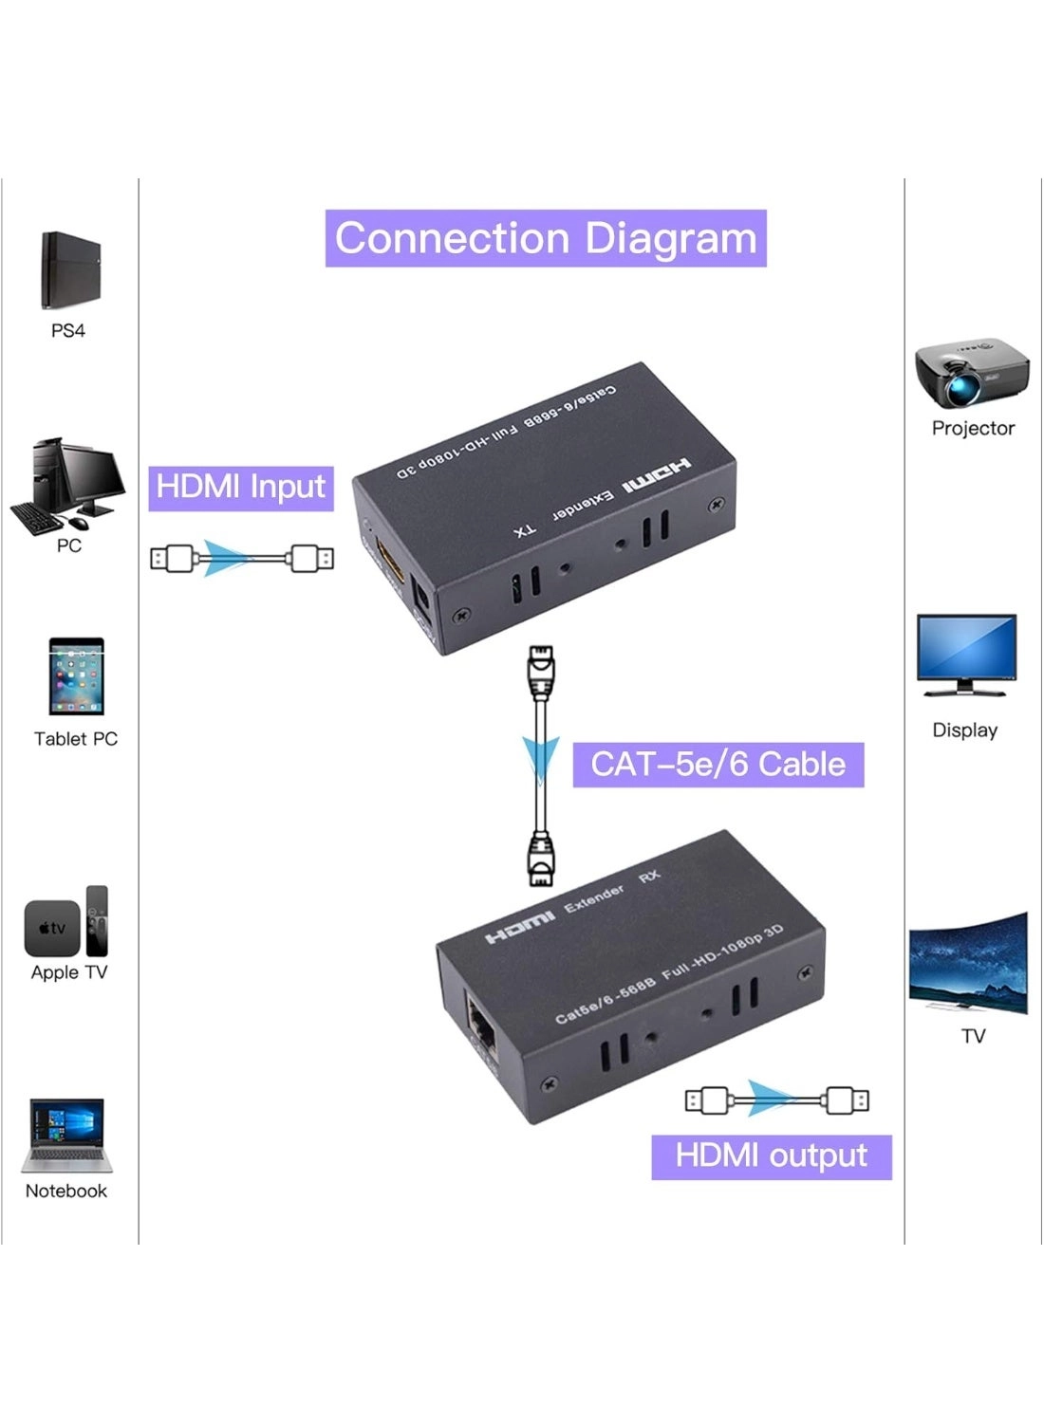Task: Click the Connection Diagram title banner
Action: point(546,238)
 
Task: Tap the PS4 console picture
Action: point(69,270)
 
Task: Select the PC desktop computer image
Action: point(67,485)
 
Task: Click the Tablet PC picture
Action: point(76,675)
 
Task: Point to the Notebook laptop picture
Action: point(66,1136)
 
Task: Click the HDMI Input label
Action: point(241,487)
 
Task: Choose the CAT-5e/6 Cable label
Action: point(718,765)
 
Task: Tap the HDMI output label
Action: point(771,1156)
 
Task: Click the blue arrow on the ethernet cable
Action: point(541,759)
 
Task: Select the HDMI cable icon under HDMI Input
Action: point(242,558)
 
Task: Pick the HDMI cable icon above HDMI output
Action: point(776,1100)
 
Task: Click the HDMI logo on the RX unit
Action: point(519,926)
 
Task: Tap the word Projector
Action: point(973,428)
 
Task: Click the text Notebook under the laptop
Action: point(66,1191)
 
